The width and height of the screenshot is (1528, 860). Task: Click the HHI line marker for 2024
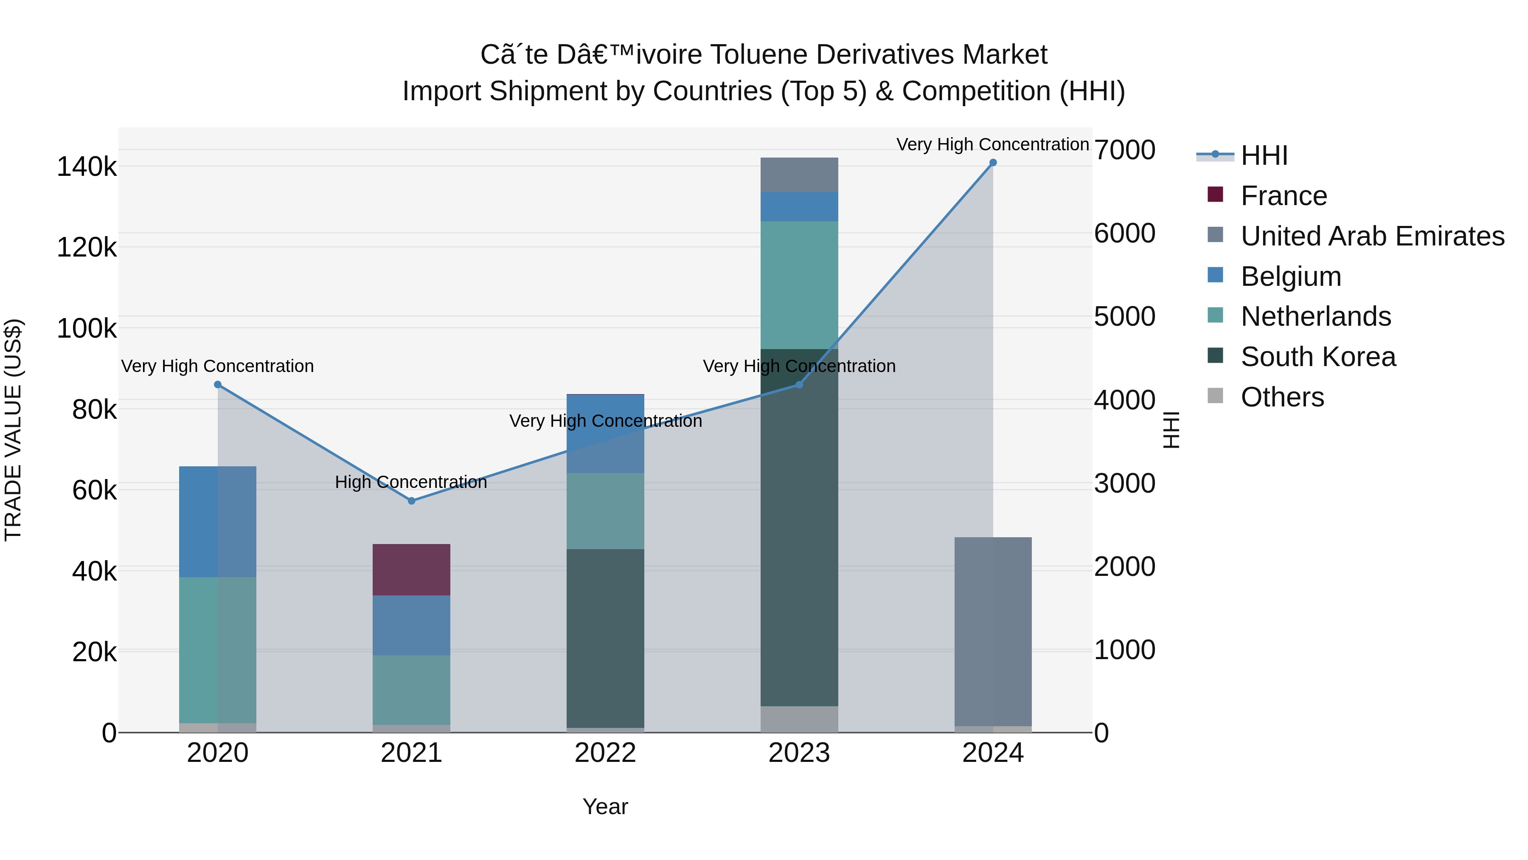pyautogui.click(x=992, y=163)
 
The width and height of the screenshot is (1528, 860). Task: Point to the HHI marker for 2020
pyautogui.click(x=218, y=385)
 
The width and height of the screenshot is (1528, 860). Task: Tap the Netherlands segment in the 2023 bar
pyautogui.click(x=799, y=285)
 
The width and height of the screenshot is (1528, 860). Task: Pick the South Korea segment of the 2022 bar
pyautogui.click(x=605, y=638)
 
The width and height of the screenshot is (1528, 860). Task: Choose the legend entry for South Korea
pyautogui.click(x=1317, y=357)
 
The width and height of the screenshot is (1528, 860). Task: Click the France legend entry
pyautogui.click(x=1283, y=196)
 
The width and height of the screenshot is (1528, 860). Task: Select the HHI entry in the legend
pyautogui.click(x=1264, y=155)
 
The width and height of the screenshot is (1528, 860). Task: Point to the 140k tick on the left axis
pyautogui.click(x=87, y=167)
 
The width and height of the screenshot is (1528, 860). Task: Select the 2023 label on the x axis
pyautogui.click(x=799, y=753)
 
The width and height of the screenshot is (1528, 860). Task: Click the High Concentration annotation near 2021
pyautogui.click(x=410, y=482)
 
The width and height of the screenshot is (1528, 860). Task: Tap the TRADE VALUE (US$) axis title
pyautogui.click(x=13, y=430)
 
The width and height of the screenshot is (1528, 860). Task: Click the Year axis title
pyautogui.click(x=605, y=806)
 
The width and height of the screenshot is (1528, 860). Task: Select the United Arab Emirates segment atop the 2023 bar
pyautogui.click(x=799, y=175)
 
